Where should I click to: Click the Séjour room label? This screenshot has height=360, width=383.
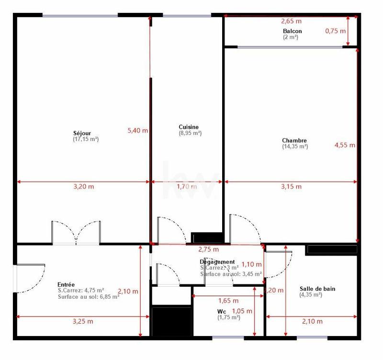tap(82, 133)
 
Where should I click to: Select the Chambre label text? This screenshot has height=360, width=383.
tap(294, 141)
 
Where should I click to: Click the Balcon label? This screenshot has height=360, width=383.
tap(292, 31)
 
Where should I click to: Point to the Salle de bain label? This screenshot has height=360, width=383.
tap(317, 289)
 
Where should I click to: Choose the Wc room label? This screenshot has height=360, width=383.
tap(221, 311)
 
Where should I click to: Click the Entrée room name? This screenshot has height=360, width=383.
tap(66, 284)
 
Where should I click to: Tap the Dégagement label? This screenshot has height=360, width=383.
tap(217, 262)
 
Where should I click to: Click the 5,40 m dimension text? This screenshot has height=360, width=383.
tap(137, 130)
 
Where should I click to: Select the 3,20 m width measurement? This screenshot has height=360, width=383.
tap(83, 187)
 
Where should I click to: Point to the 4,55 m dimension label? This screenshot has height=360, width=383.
tap(345, 145)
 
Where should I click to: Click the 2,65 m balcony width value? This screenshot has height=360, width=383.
tap(291, 21)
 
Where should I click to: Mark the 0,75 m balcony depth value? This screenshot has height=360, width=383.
tap(335, 31)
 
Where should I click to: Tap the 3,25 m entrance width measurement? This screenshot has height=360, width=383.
tap(83, 321)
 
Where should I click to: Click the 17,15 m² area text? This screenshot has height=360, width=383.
tap(86, 139)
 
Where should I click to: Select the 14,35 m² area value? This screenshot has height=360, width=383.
tap(295, 146)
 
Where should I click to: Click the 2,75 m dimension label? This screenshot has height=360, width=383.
tap(208, 249)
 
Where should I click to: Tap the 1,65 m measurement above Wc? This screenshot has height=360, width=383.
tap(228, 301)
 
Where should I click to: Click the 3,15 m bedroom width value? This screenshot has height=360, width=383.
tap(291, 187)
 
